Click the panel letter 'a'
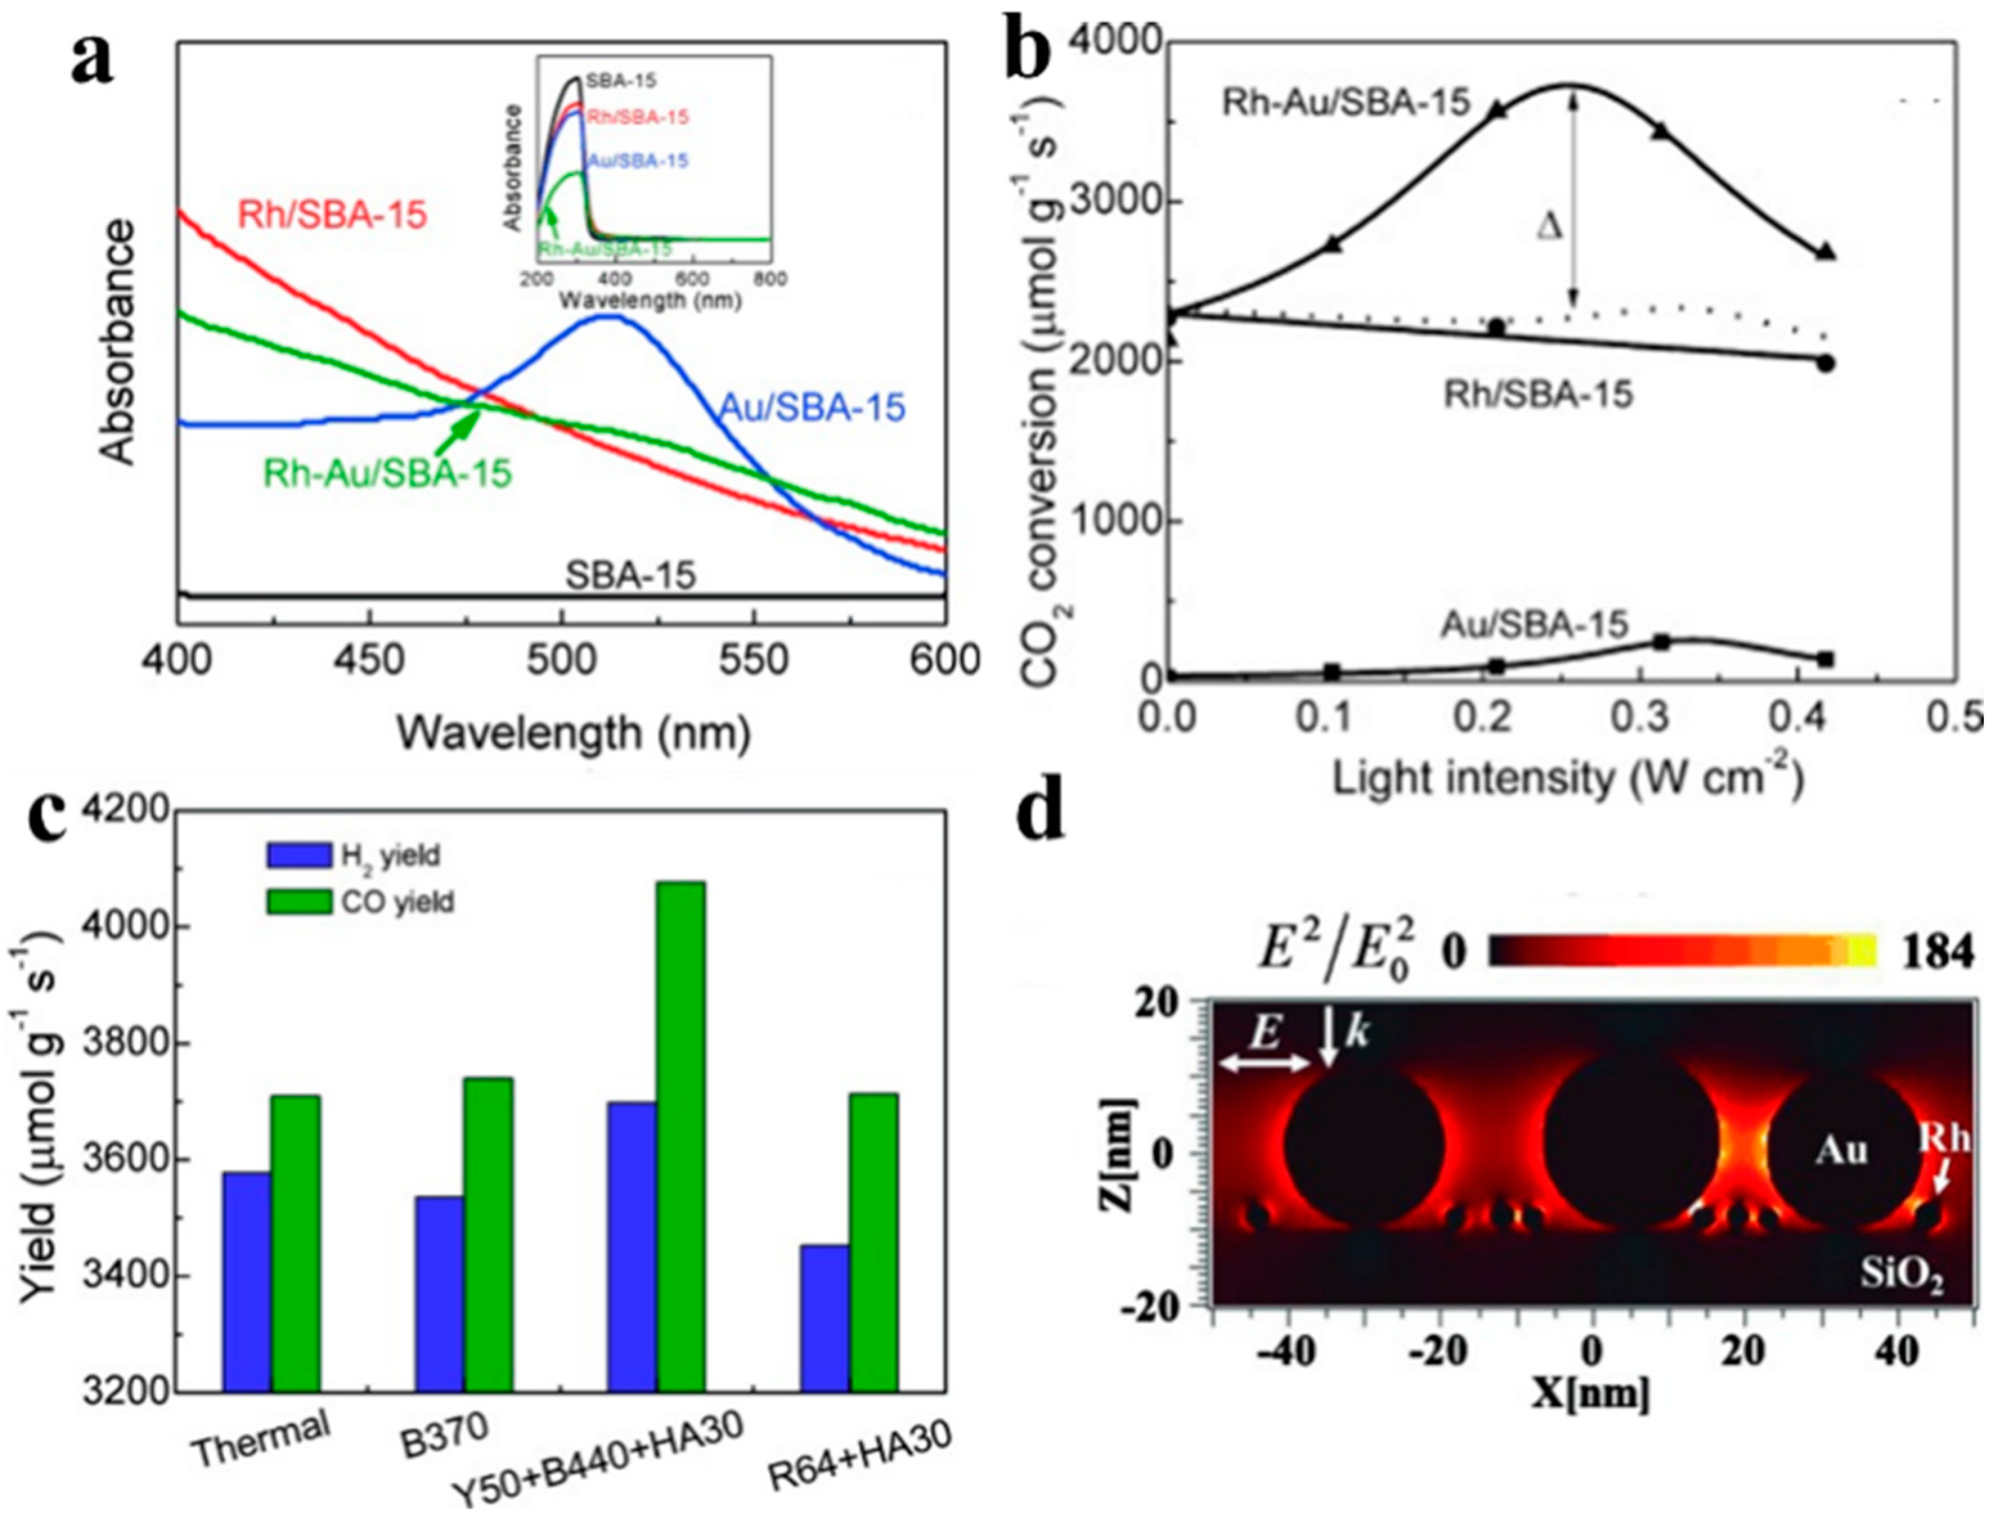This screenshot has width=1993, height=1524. [x=93, y=66]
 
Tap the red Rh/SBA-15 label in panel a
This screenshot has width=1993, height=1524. [x=331, y=216]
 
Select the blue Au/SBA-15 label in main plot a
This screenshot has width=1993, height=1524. [x=812, y=408]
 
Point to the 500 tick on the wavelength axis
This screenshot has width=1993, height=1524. [x=562, y=659]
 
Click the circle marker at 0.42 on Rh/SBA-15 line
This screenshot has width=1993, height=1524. [x=1826, y=364]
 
